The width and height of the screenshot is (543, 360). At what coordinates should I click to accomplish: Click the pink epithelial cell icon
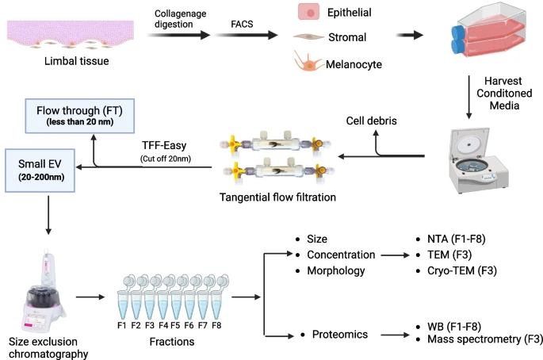(308, 13)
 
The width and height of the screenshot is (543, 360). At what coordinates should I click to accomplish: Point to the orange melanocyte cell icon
(304, 62)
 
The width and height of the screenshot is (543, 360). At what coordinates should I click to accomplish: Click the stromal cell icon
(307, 36)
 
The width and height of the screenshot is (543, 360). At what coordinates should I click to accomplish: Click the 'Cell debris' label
(373, 121)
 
